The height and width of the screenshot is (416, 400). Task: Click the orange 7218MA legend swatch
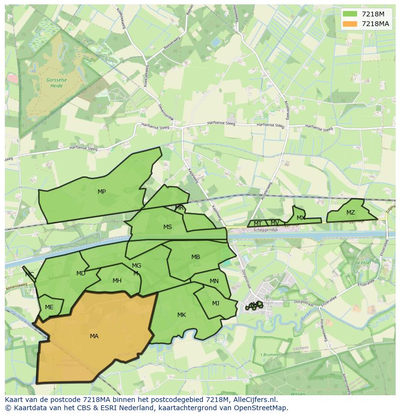(x=350, y=24)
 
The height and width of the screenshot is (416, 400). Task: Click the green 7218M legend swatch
(x=350, y=14)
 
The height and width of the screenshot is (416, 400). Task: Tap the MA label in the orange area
(x=94, y=336)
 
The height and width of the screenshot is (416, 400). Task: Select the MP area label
(x=101, y=192)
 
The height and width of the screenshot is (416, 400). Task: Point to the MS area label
(x=167, y=227)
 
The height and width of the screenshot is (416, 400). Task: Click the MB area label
(x=195, y=257)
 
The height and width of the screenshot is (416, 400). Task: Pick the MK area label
(x=181, y=315)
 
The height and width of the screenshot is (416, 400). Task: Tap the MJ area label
(x=215, y=303)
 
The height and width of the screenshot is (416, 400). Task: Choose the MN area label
(x=214, y=281)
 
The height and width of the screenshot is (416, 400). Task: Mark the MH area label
(x=117, y=281)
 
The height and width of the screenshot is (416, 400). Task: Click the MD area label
(x=81, y=273)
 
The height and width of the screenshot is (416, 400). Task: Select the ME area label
(x=49, y=307)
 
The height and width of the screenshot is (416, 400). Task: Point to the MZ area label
(x=350, y=213)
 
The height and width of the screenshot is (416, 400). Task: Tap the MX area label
(x=300, y=218)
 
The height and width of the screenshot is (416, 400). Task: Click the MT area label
(x=257, y=224)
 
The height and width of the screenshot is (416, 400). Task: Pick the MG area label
(x=136, y=266)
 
